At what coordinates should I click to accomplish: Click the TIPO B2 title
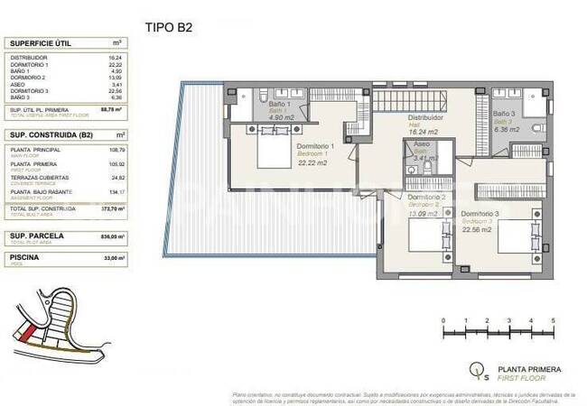click(x=169, y=26)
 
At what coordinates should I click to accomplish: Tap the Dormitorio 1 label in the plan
click(x=316, y=145)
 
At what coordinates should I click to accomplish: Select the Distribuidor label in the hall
click(x=424, y=118)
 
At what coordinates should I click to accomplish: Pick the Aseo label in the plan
click(x=422, y=144)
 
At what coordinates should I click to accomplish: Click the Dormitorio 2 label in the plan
click(x=427, y=197)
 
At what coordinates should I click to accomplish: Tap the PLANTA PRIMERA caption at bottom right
click(x=531, y=369)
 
